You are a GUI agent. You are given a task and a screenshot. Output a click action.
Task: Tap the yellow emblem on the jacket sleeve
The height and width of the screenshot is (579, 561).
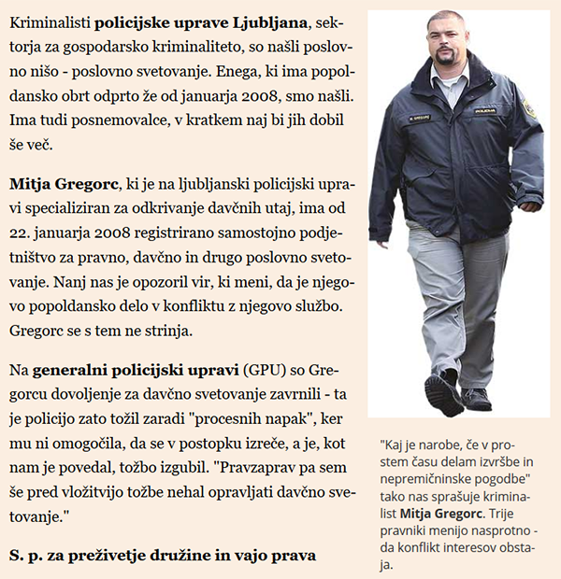pos(528,108)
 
